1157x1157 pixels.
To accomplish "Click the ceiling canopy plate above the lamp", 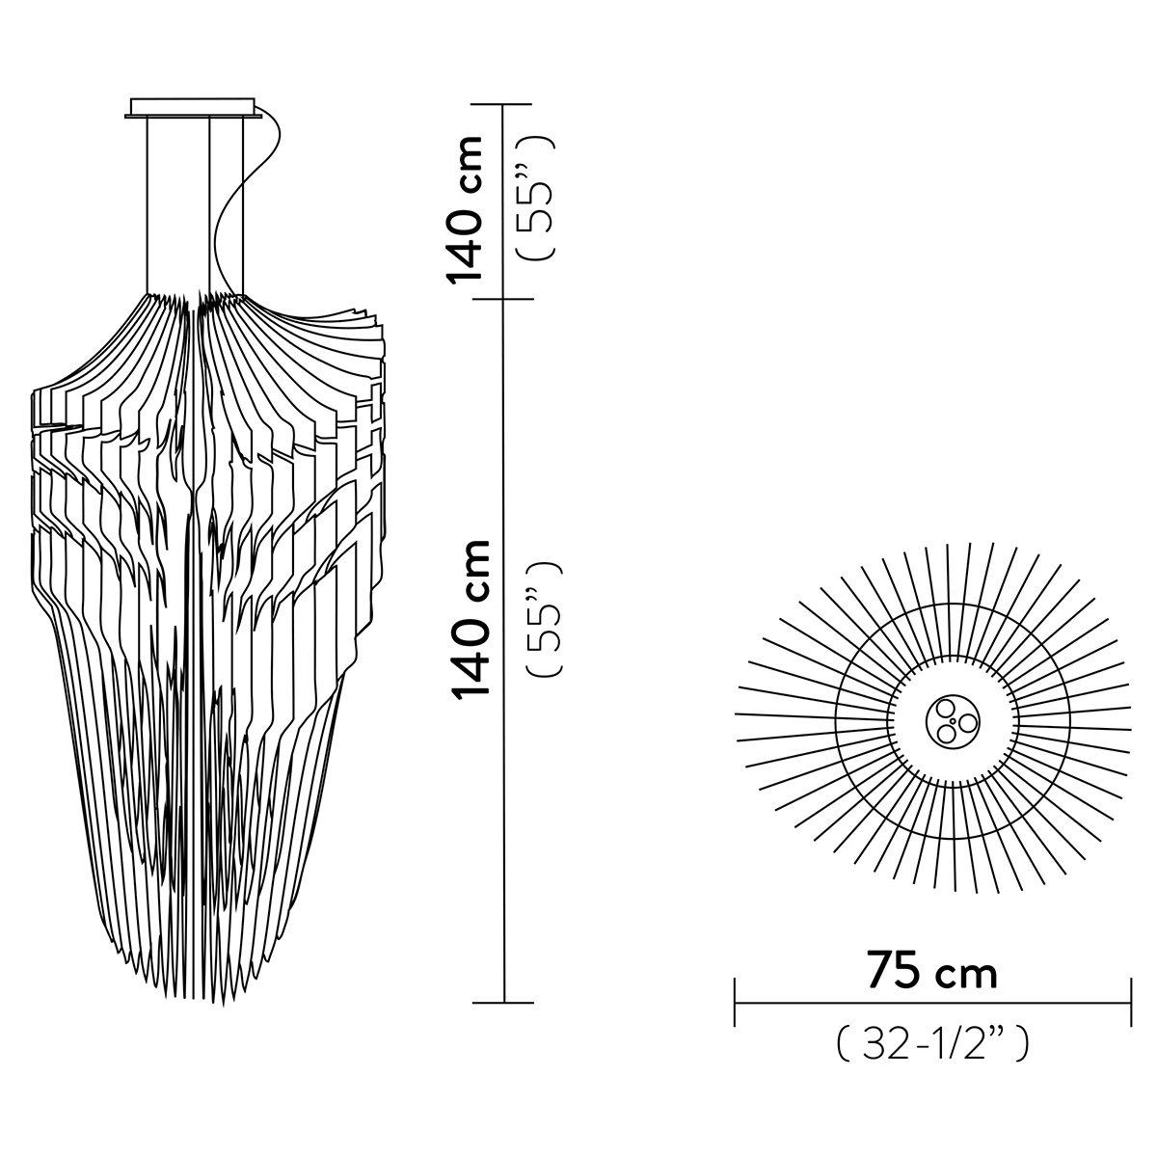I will pos(193,107).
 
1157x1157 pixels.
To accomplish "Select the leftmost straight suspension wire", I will pos(148,202).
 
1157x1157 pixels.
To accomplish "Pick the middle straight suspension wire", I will pos(210,202).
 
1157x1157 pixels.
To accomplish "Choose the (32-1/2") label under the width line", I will pos(931,1043).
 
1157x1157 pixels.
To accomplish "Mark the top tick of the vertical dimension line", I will pos(504,104).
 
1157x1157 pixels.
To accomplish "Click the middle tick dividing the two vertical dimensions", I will pos(504,299).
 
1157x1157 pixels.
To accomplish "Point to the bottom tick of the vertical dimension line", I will pos(504,1003).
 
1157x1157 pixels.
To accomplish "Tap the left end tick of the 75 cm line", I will pos(736,1003).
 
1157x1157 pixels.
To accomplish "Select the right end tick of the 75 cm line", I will pos(1130,1003).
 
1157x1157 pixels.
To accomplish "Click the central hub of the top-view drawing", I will pos(952,720).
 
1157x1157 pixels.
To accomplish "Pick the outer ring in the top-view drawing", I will pos(1070,720).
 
